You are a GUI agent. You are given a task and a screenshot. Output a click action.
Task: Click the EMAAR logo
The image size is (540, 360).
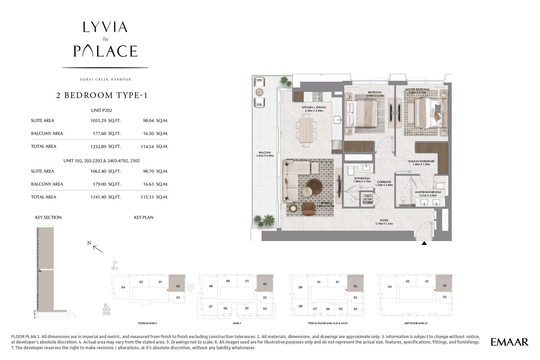tap(509, 342)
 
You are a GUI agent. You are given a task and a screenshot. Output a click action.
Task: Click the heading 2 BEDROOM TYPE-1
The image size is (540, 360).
tap(102, 95)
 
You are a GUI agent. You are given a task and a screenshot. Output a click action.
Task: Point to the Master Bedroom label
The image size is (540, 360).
tap(417, 89)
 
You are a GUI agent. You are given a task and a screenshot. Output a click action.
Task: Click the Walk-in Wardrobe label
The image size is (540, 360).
tap(421, 161)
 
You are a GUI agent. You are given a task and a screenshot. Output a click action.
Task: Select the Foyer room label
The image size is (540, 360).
tap(384, 220)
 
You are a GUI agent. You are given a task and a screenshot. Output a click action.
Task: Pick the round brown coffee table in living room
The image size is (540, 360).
tap(314, 186)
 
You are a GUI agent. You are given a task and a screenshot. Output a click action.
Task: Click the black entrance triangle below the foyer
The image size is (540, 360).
tap(424, 243)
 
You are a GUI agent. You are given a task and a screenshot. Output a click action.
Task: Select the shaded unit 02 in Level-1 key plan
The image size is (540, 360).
tap(265, 284)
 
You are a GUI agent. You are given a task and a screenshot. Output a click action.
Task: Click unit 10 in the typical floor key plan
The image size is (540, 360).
tap(318, 282)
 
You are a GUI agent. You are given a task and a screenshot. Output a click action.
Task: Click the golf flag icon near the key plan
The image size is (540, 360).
tap(115, 264)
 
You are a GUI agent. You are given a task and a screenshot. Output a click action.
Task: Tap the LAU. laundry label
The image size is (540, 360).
tap(367, 196)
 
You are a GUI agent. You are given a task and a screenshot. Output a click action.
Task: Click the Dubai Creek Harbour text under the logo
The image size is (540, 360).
tap(105, 79)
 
